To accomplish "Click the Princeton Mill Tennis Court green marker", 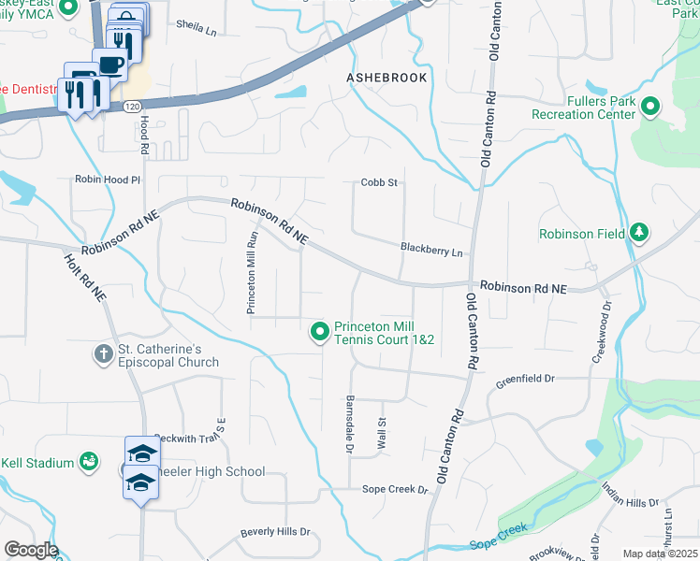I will pos(320,331).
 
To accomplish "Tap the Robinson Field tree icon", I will pos(640,232).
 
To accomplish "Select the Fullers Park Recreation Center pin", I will pos(652,108).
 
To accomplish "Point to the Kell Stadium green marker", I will pos(89,461).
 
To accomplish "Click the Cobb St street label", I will pos(381,182).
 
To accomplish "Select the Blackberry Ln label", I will pos(431,252).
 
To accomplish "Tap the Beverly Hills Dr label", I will pos(275,532).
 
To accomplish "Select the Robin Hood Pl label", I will pos(108,178).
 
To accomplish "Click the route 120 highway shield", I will pos(135,108).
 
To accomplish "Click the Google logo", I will pos(30,550).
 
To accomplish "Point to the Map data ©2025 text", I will pos(660,554).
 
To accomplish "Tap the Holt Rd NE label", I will pos(84,278).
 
